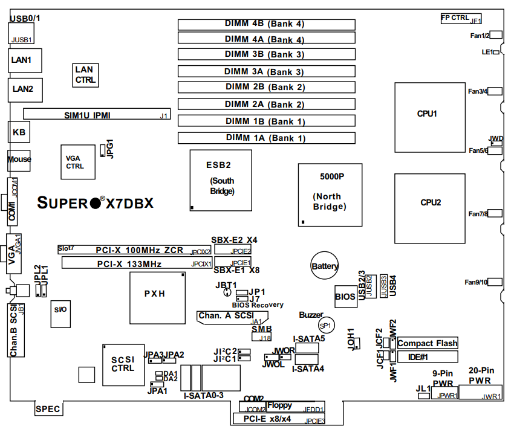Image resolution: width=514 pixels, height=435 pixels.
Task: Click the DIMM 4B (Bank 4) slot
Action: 267,24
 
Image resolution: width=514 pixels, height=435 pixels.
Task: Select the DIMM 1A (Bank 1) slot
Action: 267,138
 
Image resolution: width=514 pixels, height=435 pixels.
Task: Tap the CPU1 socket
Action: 427,114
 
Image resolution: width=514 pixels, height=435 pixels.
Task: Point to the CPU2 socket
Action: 430,202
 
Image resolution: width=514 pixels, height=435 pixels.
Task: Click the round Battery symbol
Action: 325,266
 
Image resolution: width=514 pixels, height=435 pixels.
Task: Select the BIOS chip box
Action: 345,296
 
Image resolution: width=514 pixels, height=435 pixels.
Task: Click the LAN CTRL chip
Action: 85,74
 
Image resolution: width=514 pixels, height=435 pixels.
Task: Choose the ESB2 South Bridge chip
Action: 219,179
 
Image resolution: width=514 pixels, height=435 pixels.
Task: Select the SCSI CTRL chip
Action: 123,364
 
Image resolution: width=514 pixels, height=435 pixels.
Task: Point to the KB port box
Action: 18,131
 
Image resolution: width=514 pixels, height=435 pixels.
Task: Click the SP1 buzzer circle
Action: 327,326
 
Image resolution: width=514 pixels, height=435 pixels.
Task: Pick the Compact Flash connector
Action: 427,343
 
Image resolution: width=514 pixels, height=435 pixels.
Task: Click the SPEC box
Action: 48,409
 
